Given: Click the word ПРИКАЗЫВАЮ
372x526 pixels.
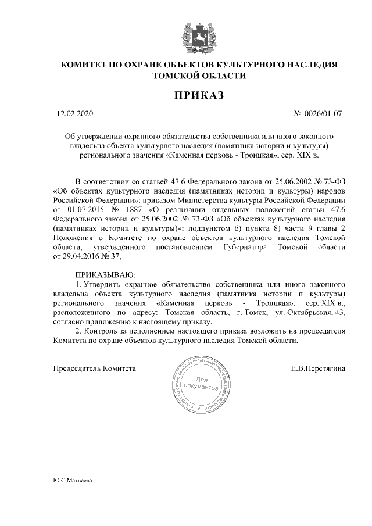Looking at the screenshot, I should point(105,273).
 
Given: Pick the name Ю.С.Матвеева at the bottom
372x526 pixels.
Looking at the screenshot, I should point(73,481).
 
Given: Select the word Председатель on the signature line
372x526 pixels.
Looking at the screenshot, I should point(77,368).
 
